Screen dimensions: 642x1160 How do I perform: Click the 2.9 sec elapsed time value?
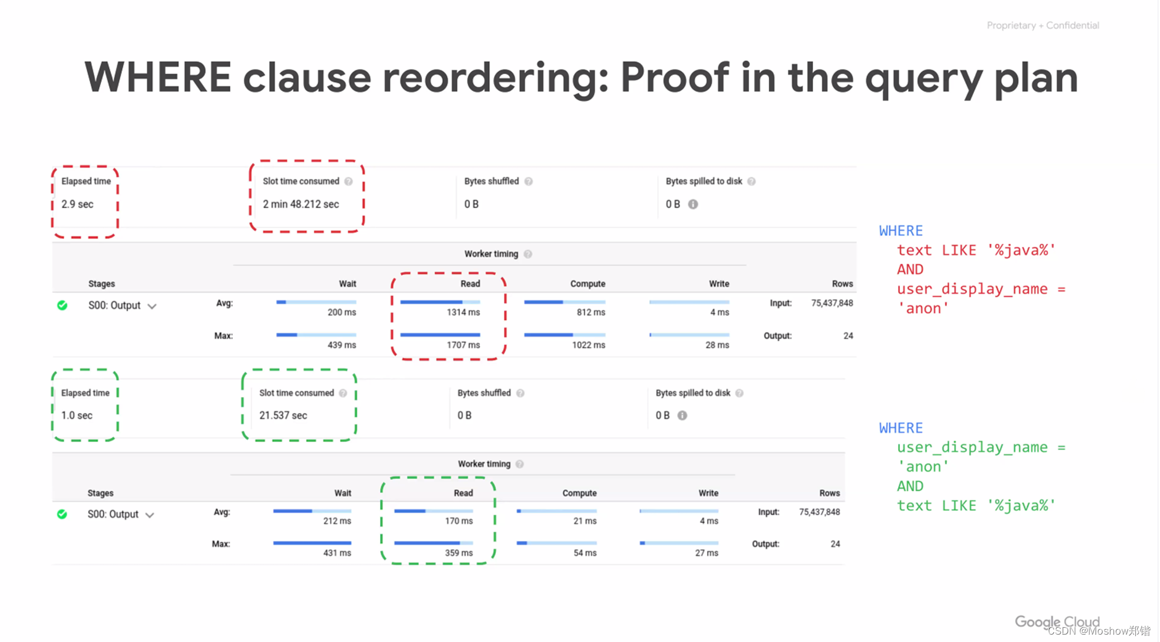(77, 204)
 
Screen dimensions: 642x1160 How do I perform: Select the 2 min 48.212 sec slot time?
(301, 204)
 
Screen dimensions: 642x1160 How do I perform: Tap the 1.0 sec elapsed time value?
(76, 415)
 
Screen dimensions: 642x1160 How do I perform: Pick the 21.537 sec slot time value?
(283, 415)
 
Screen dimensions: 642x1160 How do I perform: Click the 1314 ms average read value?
(463, 313)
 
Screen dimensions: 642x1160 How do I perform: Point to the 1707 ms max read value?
(463, 345)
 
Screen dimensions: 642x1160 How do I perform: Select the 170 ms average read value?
(458, 521)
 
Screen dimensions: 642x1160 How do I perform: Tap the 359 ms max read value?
(458, 553)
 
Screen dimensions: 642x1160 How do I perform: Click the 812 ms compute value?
(590, 313)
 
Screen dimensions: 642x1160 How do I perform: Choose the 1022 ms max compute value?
(588, 345)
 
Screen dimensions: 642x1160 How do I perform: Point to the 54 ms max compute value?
(585, 553)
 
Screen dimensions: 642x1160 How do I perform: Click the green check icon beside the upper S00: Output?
(62, 305)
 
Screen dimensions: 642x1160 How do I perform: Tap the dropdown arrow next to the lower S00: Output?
(150, 515)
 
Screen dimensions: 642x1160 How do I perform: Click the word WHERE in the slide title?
(157, 78)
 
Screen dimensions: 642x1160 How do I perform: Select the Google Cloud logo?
(1057, 622)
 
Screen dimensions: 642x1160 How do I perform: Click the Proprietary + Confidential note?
(1042, 25)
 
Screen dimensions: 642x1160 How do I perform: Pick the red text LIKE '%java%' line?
(976, 251)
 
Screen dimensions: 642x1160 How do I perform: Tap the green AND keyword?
(910, 486)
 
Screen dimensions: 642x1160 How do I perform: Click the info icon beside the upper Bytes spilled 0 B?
(693, 204)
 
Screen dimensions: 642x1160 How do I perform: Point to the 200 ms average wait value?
(341, 313)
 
